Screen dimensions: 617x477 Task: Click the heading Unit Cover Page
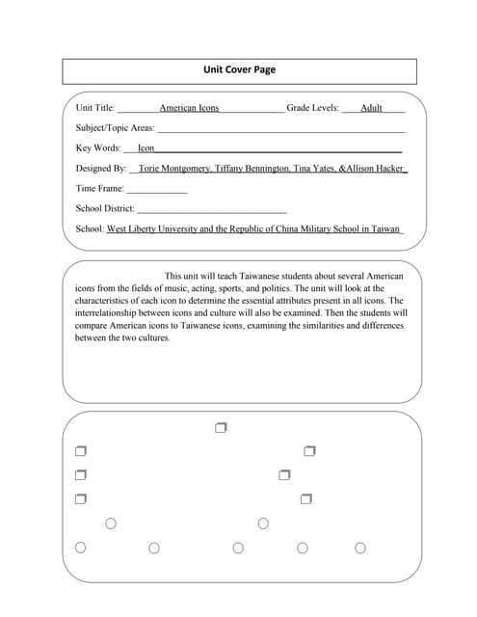(x=239, y=69)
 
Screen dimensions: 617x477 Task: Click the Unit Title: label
(x=95, y=108)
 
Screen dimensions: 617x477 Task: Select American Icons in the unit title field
(x=189, y=108)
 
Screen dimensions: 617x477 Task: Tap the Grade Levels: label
(x=313, y=108)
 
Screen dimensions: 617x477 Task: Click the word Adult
(x=371, y=108)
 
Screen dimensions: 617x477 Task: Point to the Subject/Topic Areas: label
(x=115, y=128)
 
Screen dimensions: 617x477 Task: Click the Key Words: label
(x=98, y=148)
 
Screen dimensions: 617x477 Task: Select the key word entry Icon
(x=146, y=148)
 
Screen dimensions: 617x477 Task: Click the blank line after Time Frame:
(x=157, y=189)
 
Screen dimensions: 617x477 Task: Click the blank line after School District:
(x=212, y=209)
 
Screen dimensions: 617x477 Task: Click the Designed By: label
(x=101, y=169)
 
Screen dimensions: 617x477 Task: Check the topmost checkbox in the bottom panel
(x=221, y=427)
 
